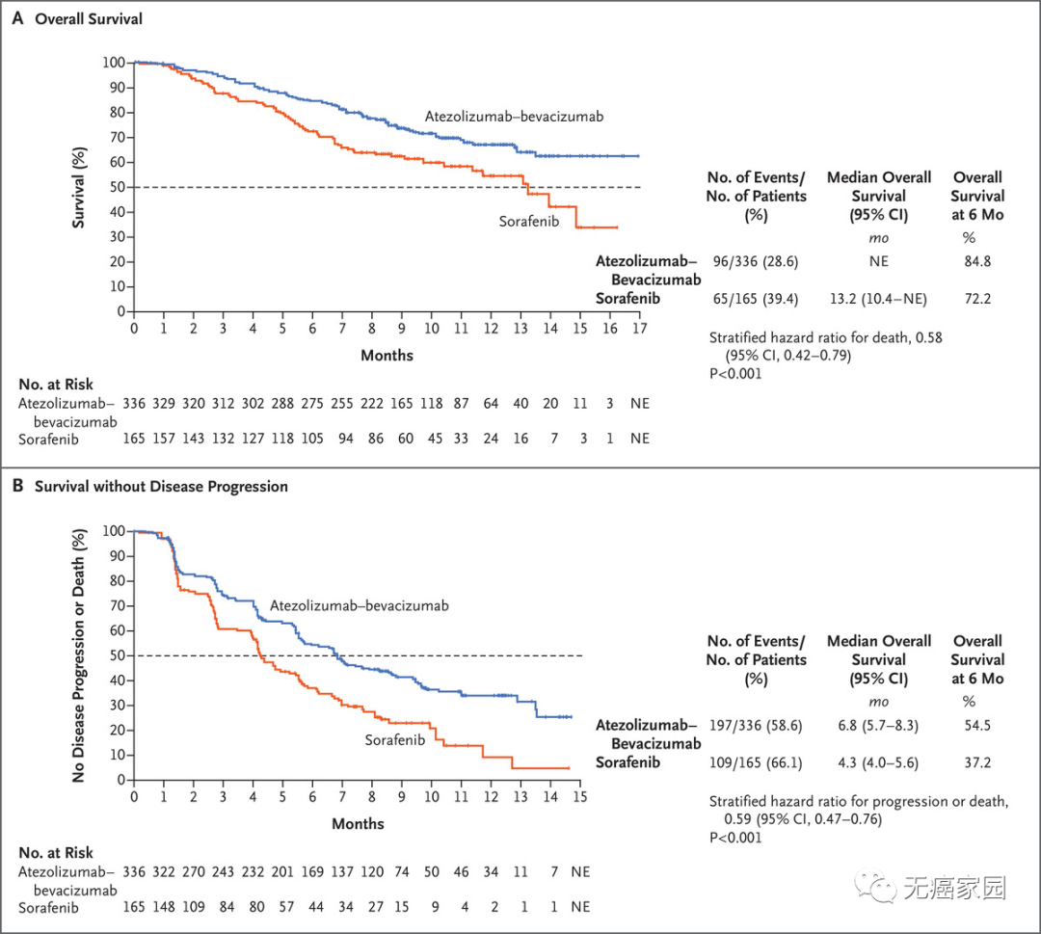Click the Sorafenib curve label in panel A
point(530,222)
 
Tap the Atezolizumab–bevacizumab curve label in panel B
point(360,606)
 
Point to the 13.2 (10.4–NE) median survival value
point(879,299)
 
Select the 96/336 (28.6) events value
point(757,261)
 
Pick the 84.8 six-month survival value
point(977,261)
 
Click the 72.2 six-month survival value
point(977,299)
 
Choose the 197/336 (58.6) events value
point(757,725)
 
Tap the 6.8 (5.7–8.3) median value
point(879,725)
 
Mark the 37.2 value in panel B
point(977,762)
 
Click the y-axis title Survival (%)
point(80,186)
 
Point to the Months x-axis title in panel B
point(359,824)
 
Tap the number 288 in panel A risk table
point(281,402)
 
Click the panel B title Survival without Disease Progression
point(161,487)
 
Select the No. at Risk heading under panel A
point(56,384)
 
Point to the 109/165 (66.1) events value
point(757,762)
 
